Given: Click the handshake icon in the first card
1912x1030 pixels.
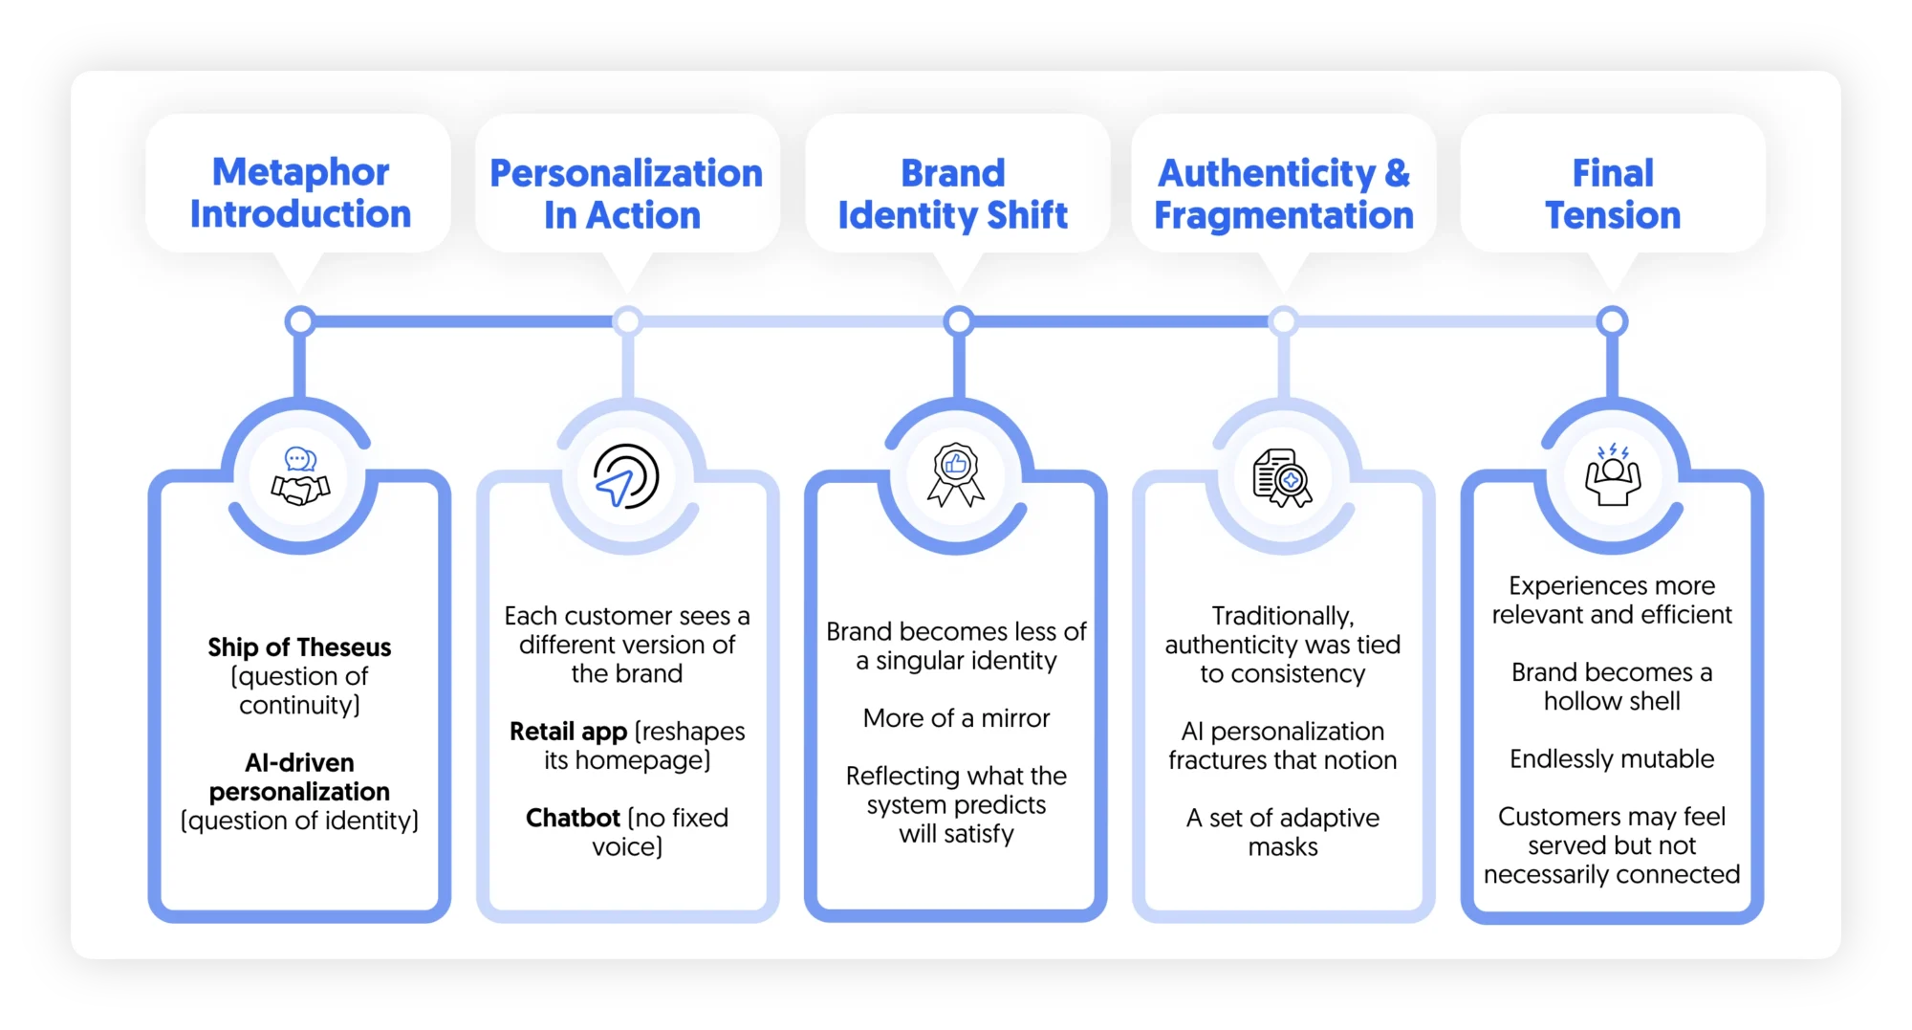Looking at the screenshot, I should click(x=300, y=476).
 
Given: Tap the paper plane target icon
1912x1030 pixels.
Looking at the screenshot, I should click(x=626, y=476).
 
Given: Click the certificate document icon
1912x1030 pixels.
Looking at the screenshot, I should click(x=1282, y=477).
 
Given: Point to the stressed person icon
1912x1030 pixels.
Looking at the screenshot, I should click(x=1613, y=475).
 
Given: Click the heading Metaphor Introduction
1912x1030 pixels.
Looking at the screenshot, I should click(x=300, y=193).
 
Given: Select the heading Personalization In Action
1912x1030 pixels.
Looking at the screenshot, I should click(x=626, y=194).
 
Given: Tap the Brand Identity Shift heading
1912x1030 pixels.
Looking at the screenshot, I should click(x=953, y=194).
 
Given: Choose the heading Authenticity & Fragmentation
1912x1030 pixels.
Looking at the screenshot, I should click(x=1283, y=194).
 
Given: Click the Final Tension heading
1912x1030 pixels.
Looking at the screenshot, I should click(x=1613, y=194).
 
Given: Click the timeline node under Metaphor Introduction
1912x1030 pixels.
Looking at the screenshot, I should click(x=300, y=321).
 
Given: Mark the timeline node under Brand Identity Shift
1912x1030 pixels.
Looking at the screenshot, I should click(x=958, y=321).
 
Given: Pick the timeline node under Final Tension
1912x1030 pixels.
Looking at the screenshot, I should click(x=1612, y=321).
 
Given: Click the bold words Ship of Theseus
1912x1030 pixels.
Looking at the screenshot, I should click(x=299, y=647).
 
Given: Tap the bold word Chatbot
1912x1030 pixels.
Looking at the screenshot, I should click(x=573, y=818).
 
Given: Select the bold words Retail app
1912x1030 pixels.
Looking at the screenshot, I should click(x=568, y=732).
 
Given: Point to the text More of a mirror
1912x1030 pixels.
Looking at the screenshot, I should click(x=956, y=718).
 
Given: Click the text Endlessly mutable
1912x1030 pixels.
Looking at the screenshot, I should click(x=1612, y=759).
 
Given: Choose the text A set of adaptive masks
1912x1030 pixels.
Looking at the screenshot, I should click(x=1282, y=832).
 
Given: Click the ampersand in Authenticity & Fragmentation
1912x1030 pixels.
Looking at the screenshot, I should click(x=1397, y=174).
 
